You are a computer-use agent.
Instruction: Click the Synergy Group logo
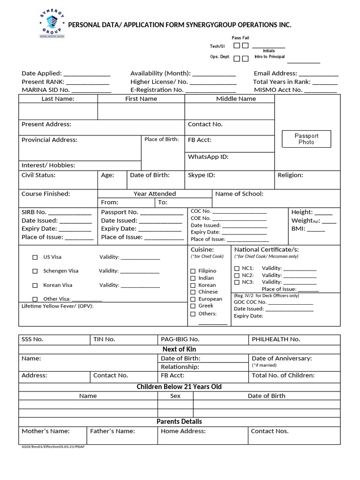point(51,24)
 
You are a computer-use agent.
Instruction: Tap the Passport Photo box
point(306,139)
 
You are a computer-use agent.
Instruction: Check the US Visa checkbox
point(35,257)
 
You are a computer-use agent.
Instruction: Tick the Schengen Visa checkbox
point(35,271)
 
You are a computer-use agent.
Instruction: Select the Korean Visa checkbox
point(35,285)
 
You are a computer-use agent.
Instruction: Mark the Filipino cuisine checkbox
point(193,271)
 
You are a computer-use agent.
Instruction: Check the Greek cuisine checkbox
point(193,306)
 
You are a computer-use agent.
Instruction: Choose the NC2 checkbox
point(237,276)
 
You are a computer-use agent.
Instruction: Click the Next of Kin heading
point(179,349)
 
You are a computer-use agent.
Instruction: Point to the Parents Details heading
point(179,421)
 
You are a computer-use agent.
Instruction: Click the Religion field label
point(290,175)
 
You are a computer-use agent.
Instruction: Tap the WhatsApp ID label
point(208,157)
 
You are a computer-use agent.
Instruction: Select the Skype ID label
point(201,175)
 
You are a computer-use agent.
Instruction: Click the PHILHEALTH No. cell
point(276,339)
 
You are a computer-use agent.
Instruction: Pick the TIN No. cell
point(104,339)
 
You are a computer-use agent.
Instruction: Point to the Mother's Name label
point(45,431)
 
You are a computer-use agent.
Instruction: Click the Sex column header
point(175,396)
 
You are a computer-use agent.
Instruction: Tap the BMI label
point(298,229)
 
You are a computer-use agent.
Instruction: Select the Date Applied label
point(41,73)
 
